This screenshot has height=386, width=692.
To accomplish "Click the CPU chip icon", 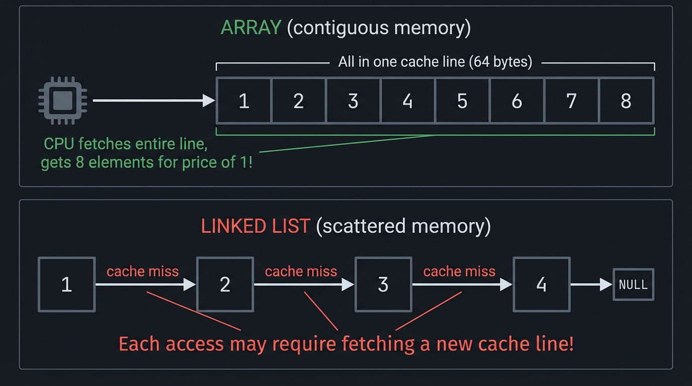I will pos(62,101).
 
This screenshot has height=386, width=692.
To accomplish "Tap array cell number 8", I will pos(627,101).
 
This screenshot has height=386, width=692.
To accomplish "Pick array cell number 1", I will pos(244,101).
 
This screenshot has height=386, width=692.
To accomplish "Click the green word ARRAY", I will pos(250,28).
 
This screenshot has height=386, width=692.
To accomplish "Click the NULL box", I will pos(633,284).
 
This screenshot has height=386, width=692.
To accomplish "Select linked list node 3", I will pos(383,284).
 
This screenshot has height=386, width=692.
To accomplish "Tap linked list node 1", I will pos(66,284).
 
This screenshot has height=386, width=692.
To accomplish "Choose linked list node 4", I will pos(541,284).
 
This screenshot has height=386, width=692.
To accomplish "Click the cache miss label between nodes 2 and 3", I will pos(301,271).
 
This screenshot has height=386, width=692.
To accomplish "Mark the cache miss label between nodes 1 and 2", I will pos(142,271).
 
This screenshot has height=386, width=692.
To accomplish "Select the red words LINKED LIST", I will pos(255,226).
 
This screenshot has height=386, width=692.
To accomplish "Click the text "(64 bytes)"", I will pos(500,62).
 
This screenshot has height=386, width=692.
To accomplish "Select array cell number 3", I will pos(353,101).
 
